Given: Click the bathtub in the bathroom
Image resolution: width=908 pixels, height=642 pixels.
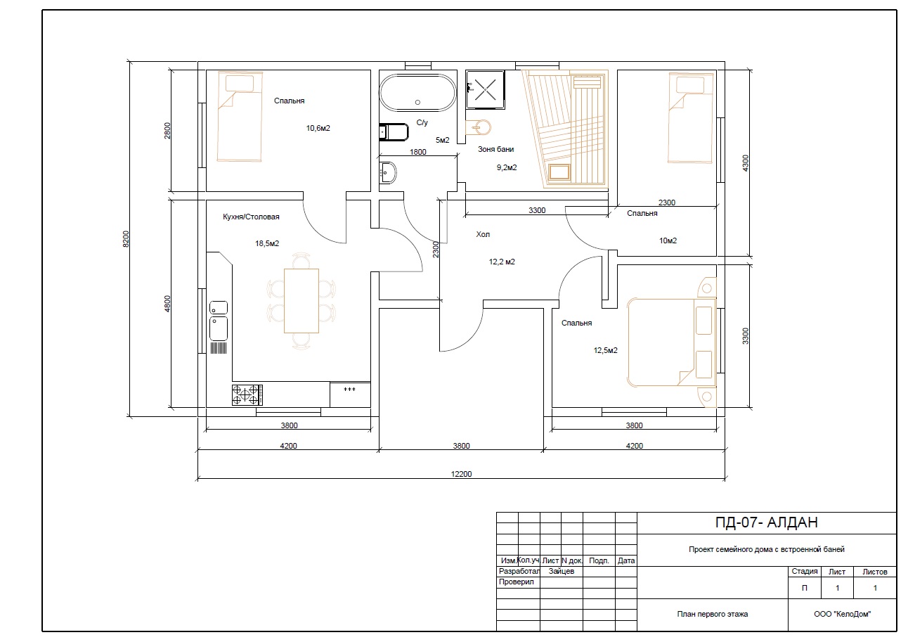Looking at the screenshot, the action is point(417,92).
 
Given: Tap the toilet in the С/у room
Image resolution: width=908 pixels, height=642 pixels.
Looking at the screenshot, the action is point(394,132).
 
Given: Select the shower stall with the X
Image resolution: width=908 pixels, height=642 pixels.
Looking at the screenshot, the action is point(485,89).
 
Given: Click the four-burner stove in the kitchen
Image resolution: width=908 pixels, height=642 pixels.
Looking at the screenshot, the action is point(247,395).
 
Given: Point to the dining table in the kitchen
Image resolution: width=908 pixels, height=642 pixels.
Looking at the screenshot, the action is point(301,300).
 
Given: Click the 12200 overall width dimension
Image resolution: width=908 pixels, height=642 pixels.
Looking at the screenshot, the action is point(461,474).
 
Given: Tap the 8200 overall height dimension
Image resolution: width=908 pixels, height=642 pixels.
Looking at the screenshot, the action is point(126,239).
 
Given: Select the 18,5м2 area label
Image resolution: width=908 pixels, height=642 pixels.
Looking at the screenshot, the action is point(267,243).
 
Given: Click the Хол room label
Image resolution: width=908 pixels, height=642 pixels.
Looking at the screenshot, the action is point(482,234).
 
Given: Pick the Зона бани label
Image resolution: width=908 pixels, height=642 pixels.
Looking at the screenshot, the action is point(495,149).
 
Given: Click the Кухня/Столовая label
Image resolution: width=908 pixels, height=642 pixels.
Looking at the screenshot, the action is point(251,217).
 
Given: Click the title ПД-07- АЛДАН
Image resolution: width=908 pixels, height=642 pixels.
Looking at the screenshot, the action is point(766,522).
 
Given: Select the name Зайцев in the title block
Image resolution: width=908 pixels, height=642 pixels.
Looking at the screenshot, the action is point(562,571).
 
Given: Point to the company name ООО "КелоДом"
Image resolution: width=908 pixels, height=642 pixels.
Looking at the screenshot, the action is point(843,614).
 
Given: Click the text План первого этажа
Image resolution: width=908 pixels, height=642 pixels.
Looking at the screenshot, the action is point(712,614).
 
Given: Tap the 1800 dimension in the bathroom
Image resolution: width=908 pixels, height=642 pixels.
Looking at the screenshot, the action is point(418,152).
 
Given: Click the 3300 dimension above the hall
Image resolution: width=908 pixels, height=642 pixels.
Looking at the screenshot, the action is point(537,210).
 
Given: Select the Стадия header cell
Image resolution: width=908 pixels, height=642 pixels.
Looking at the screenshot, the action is point(805,572).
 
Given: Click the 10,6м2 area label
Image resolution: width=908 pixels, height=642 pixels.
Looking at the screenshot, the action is point(318,128).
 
